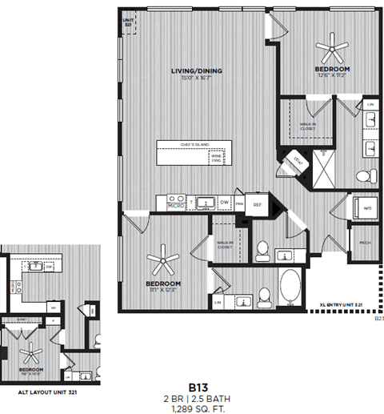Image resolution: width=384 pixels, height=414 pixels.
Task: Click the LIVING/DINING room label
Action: click(196, 71)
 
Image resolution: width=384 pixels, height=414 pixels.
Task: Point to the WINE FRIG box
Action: click(216, 158)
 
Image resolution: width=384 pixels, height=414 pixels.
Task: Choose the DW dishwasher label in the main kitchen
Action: click(226, 202)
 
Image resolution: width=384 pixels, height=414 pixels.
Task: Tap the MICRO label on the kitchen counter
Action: click(177, 206)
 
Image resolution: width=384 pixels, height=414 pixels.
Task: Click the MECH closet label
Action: click(364, 243)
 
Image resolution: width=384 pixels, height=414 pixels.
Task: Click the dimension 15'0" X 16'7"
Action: click(196, 78)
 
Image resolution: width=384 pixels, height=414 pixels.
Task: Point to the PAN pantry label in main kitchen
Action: click(240, 203)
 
